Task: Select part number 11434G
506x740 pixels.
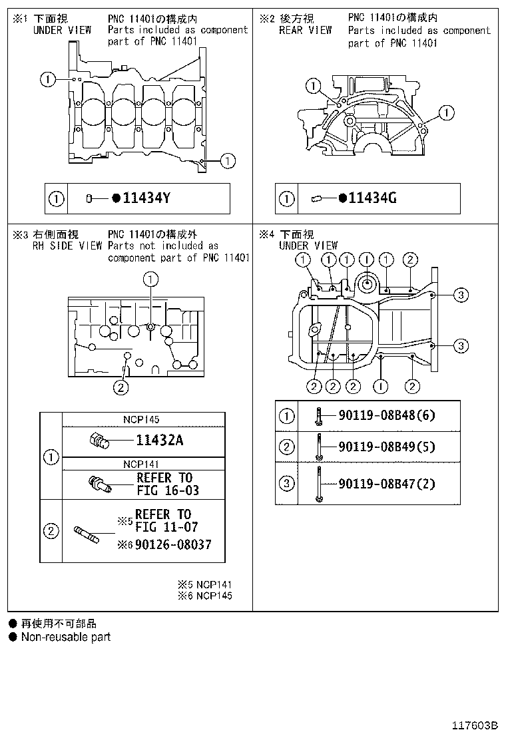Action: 372,198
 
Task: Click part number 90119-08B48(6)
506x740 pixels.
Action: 387,416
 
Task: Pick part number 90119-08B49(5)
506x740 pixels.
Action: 387,447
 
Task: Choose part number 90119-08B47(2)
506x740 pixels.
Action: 387,484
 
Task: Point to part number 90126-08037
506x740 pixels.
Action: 173,544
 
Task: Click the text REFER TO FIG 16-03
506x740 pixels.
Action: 167,484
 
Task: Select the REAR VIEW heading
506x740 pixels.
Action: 306,30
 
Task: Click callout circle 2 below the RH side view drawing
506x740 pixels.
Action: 121,387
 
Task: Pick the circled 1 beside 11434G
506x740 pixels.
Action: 287,198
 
